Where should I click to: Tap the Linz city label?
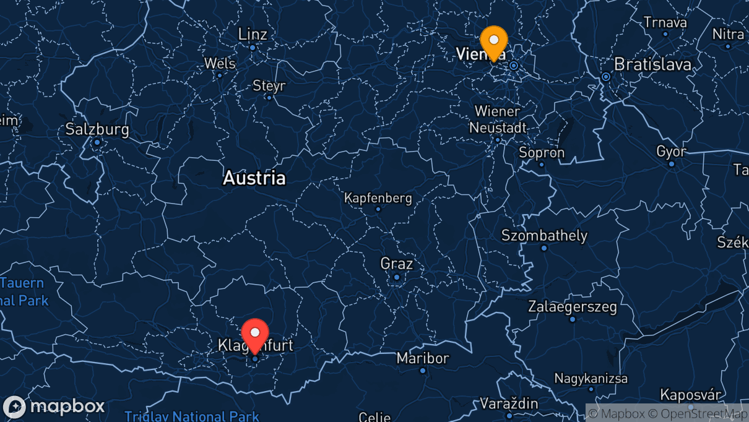(x=253, y=34)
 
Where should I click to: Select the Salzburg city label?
(x=98, y=130)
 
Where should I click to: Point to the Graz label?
(x=396, y=264)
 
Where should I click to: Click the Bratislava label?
(x=652, y=64)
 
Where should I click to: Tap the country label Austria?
(x=254, y=178)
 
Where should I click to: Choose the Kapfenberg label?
(x=378, y=199)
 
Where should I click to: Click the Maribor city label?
(x=423, y=358)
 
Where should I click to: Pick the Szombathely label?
(x=544, y=236)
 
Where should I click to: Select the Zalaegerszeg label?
(x=572, y=306)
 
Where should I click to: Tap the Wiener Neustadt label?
(x=498, y=119)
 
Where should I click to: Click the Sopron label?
(x=542, y=152)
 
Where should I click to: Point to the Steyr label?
(x=269, y=85)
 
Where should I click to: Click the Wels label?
(x=220, y=64)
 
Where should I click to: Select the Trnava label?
(x=665, y=22)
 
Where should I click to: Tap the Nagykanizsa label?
(x=591, y=378)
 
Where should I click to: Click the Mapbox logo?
(x=54, y=407)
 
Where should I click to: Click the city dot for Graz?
(x=397, y=277)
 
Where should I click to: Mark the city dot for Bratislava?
(x=606, y=77)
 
